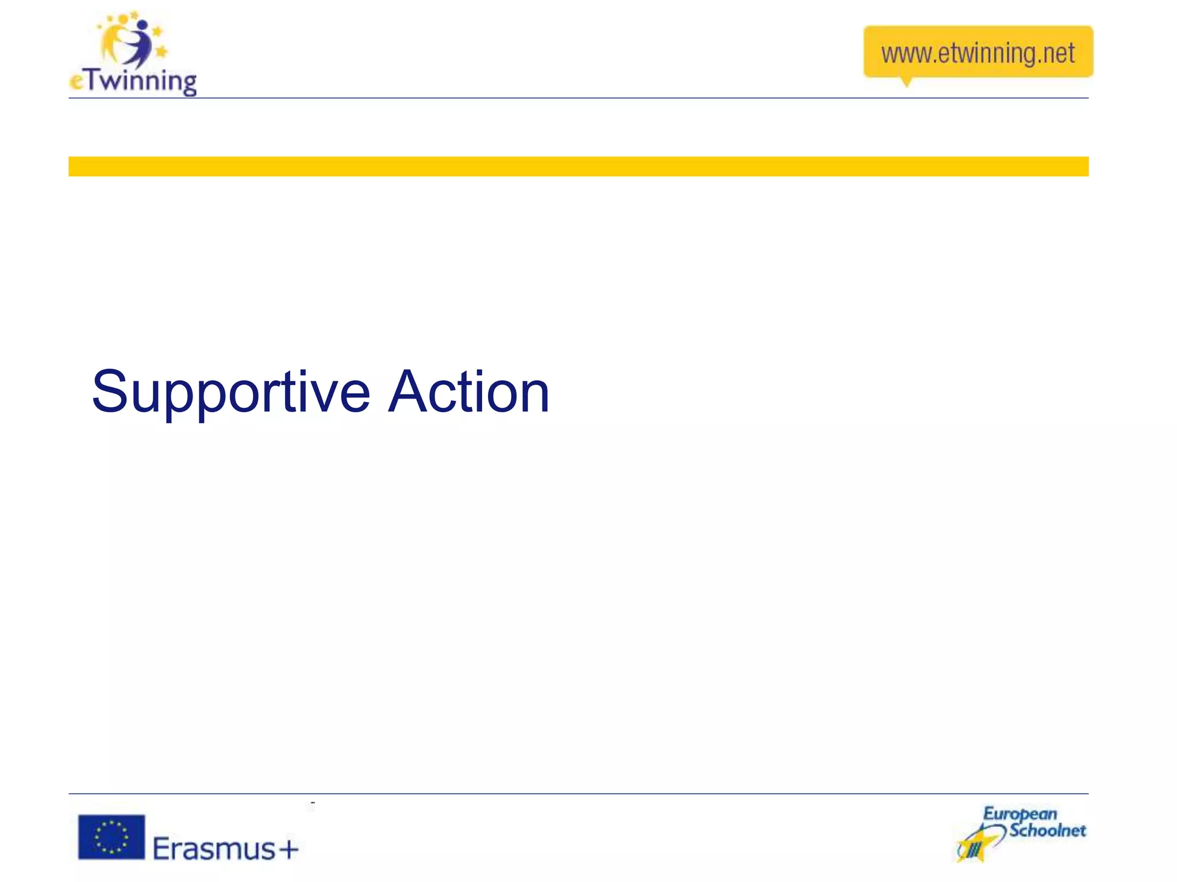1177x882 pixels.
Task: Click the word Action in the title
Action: coord(469,392)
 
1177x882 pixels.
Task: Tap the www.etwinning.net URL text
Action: coord(978,53)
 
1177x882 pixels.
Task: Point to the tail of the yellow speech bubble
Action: coord(906,82)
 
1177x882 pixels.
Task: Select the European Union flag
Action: coord(111,837)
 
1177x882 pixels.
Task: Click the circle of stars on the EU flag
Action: coord(111,837)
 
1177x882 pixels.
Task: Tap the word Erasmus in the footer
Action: coord(214,849)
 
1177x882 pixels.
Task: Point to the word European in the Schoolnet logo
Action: coord(1020,814)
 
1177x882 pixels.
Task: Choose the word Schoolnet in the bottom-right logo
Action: coord(1047,830)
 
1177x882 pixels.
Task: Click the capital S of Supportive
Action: coord(109,392)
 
